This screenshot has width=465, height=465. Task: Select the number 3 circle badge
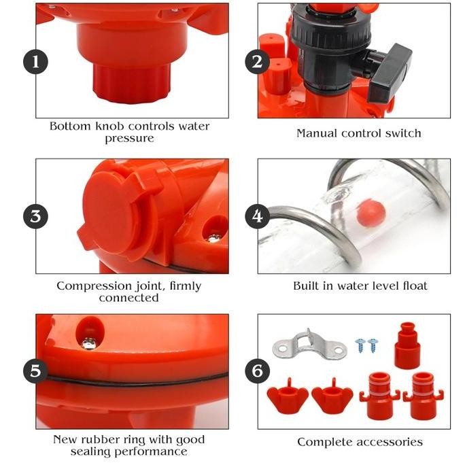35,217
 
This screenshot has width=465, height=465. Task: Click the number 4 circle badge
257,217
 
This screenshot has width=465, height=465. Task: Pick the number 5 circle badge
35,371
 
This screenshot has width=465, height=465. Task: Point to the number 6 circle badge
257,371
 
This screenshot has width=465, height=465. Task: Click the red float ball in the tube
372,213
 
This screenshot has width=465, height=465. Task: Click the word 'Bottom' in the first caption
70,126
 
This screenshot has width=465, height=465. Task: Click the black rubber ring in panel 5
136,381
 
